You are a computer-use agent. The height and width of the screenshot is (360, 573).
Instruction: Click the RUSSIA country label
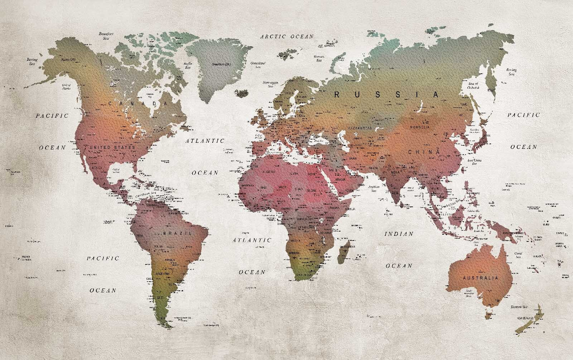click(386, 95)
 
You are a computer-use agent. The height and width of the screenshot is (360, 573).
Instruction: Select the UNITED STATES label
click(112, 147)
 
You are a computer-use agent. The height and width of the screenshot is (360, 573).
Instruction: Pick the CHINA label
click(424, 152)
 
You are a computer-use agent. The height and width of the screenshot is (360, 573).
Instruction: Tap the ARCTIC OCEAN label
click(287, 36)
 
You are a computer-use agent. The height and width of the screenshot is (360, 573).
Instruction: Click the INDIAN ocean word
click(399, 234)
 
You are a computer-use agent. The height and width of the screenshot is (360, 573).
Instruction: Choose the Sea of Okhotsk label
click(473, 86)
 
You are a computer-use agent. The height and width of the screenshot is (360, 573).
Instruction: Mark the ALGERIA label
click(270, 172)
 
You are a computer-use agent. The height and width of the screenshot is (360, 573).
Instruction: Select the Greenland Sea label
click(258, 64)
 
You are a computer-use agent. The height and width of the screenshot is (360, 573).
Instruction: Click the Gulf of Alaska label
click(67, 87)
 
